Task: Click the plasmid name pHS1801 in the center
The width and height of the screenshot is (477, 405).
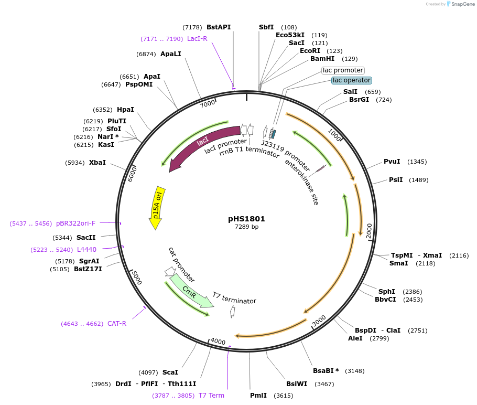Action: coord(246,219)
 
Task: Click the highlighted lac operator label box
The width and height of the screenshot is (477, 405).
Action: coord(352,80)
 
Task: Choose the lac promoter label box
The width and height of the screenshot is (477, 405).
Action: coord(343,70)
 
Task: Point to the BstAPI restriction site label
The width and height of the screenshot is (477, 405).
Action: coord(219,27)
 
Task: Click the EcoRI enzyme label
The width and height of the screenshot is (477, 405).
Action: coord(310,51)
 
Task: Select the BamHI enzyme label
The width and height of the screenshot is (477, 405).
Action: coord(322,59)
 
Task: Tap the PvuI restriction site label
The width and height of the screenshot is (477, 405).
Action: coord(392,162)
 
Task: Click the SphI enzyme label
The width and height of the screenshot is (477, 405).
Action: coord(387,292)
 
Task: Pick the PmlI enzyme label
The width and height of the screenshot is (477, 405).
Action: coord(258,396)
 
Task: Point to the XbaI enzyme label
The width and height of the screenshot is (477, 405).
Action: coord(97,163)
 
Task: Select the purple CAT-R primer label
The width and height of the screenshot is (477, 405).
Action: coord(117,324)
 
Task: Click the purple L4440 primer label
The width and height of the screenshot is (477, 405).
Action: coord(86,250)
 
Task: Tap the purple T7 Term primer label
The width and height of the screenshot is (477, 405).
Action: coord(211,396)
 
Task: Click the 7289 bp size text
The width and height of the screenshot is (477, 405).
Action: coord(246,227)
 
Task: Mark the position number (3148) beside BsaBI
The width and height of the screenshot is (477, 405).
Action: coord(355,371)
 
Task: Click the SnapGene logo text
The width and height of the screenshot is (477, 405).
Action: coord(463,4)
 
